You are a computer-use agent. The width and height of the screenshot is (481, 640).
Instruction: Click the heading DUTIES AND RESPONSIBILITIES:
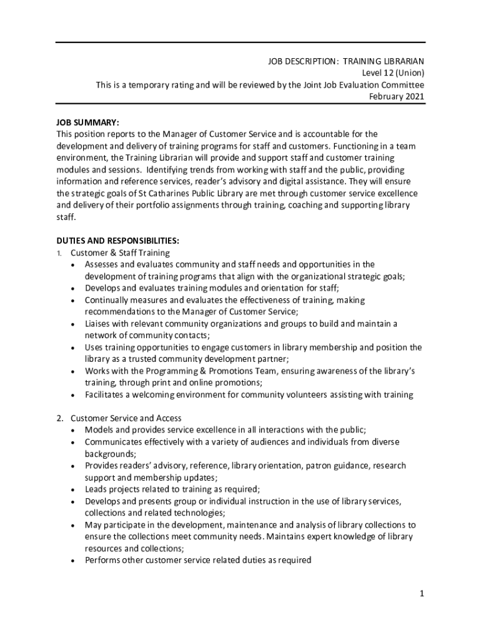click(118, 241)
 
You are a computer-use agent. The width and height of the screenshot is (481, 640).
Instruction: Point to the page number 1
click(422, 593)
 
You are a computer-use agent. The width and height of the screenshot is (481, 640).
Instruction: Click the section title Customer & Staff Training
click(120, 253)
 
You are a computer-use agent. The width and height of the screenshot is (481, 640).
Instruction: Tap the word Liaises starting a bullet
click(98, 324)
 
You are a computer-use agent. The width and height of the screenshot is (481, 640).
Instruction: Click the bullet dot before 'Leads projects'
click(74, 489)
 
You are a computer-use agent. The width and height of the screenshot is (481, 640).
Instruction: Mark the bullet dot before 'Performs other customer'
click(74, 561)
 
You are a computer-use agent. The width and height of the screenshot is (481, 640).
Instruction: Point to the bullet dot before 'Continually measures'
click(74, 301)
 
